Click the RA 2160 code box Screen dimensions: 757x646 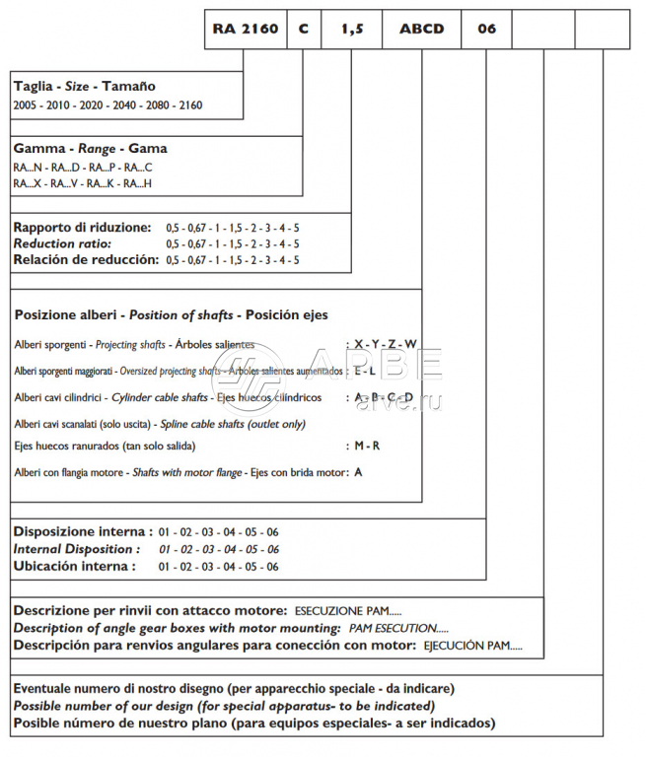[244, 30]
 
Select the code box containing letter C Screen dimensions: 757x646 [303, 30]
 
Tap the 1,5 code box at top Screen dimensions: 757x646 [352, 30]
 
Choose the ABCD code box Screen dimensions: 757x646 [421, 30]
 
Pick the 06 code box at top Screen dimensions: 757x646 [487, 30]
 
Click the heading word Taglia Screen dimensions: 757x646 [34, 87]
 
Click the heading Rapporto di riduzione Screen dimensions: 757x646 [82, 228]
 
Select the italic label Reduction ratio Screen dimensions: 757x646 [62, 243]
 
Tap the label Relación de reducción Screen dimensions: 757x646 [86, 259]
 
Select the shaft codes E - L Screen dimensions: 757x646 [365, 372]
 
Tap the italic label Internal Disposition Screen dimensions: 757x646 [76, 549]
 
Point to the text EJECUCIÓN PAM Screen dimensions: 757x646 [472, 646]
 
